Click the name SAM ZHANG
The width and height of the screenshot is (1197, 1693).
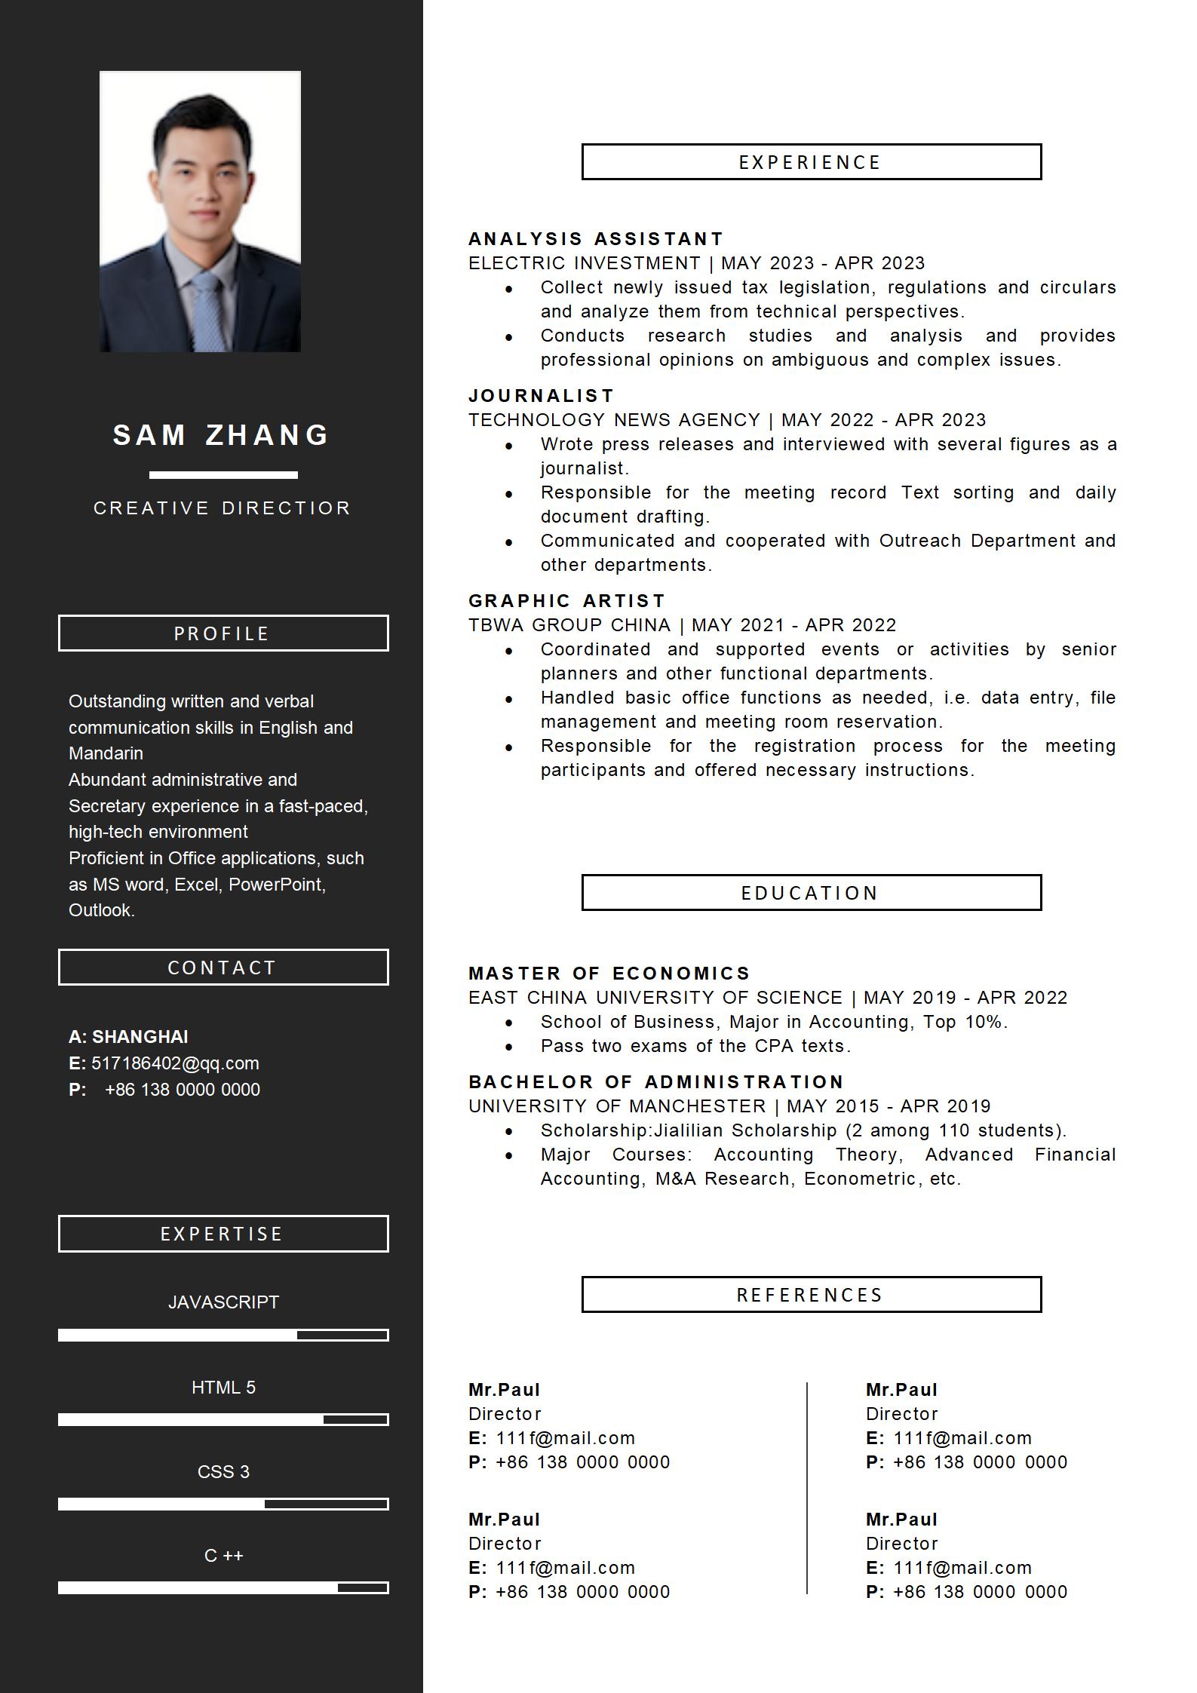[x=222, y=435]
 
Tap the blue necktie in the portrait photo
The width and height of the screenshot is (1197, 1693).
[x=205, y=309]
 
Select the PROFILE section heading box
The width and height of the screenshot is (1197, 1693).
[x=223, y=633]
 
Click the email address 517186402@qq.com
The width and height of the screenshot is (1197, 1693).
[x=175, y=1063]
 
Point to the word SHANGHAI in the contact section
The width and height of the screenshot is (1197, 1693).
[x=140, y=1037]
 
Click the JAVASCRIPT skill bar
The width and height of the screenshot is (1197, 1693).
[x=223, y=1336]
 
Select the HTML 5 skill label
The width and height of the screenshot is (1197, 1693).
[x=223, y=1388]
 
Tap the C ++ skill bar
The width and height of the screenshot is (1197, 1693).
[x=223, y=1588]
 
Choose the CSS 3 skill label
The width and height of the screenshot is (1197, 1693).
[x=223, y=1472]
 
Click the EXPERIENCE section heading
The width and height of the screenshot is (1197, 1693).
[x=811, y=162]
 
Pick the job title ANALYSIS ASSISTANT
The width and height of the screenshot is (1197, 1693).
[x=596, y=239]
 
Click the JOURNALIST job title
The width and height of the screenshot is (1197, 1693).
[x=542, y=396]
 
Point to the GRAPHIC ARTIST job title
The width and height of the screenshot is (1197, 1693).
[x=567, y=601]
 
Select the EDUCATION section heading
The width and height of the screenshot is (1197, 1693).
[x=811, y=893]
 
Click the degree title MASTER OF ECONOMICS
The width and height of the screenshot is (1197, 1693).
[x=609, y=974]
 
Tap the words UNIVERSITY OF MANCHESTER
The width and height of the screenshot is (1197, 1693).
[x=617, y=1106]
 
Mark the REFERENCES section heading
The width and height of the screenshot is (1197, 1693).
[x=811, y=1295]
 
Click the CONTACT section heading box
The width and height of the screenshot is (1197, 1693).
[x=223, y=968]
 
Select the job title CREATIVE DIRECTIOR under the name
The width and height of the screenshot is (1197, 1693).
[x=223, y=508]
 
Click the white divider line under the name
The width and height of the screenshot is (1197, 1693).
[x=223, y=475]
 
